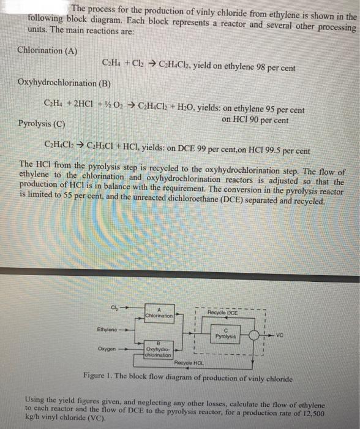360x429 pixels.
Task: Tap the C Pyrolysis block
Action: point(225,334)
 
